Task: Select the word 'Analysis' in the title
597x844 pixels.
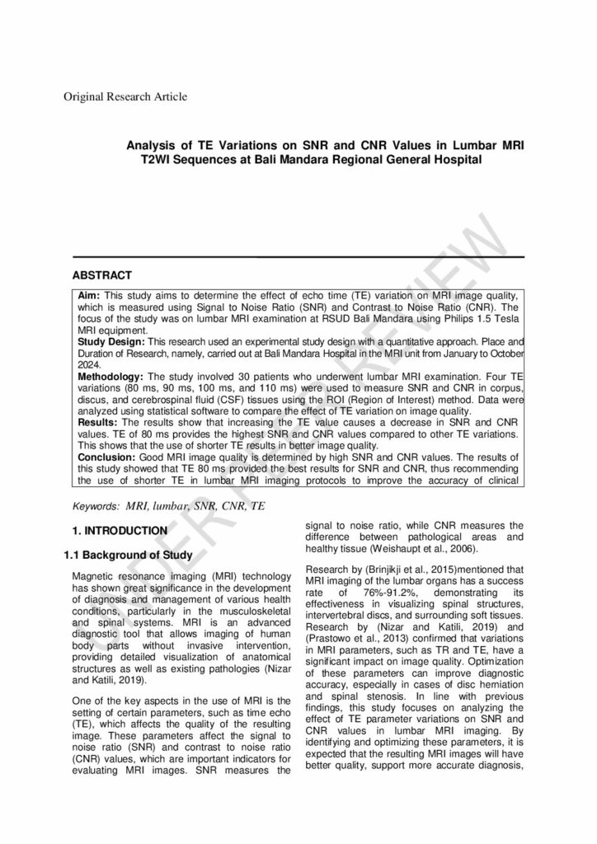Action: click(152, 145)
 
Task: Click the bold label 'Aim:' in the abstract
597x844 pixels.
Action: click(90, 295)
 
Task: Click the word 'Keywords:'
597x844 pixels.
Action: click(96, 504)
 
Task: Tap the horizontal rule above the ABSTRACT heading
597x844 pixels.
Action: click(298, 257)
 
